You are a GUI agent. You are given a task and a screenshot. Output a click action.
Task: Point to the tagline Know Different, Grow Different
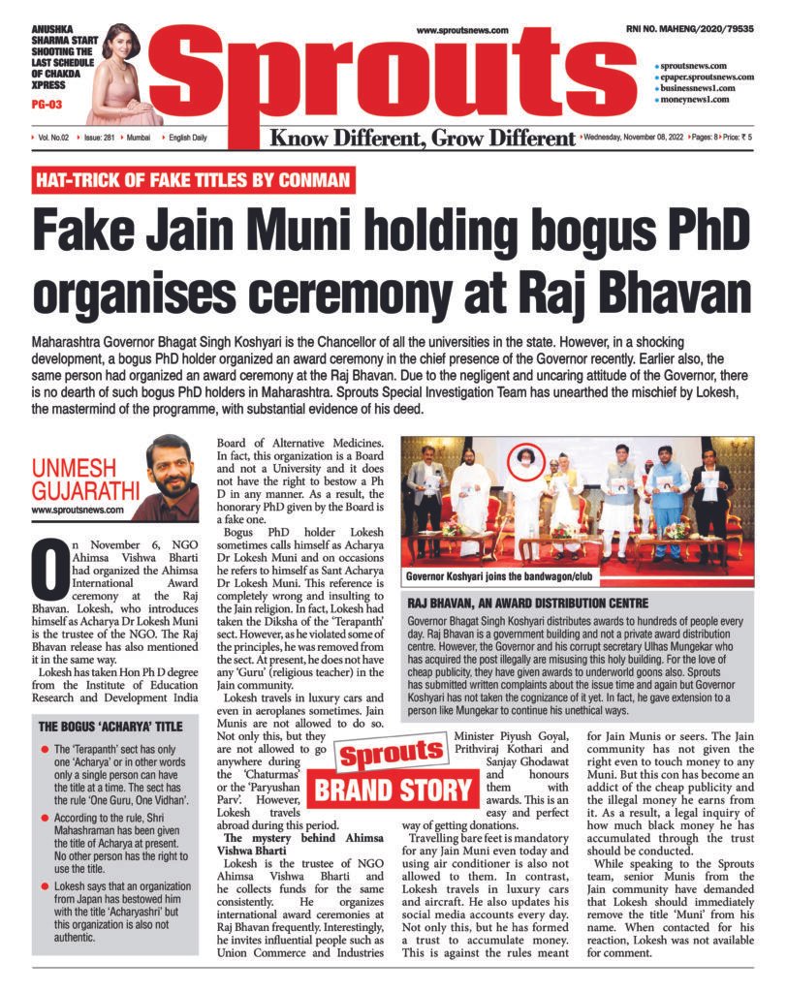423,139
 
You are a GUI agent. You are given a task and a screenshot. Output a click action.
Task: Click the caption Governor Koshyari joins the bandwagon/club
498,578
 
